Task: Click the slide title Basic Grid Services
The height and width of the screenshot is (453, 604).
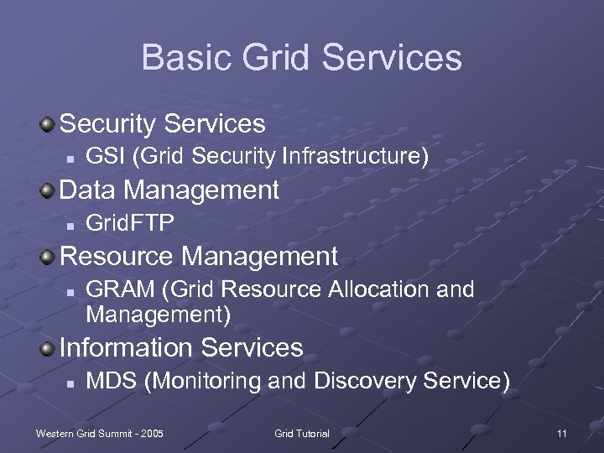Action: coord(302,58)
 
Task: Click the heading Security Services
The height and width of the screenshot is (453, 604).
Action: coord(163,124)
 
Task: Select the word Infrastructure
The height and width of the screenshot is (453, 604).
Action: coord(356,156)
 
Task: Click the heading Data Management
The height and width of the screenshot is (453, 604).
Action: coord(169,190)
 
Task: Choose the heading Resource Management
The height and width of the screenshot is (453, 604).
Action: coord(199,256)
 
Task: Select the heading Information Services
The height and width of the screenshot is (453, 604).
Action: coord(181,347)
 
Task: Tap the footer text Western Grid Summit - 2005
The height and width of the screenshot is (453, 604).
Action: coord(100,433)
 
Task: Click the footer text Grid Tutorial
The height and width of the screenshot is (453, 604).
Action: coord(302,433)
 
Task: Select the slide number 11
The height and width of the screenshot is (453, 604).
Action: coord(561,433)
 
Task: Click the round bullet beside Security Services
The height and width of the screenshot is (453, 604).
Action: coord(49,125)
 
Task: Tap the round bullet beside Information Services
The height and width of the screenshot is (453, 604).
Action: coord(49,348)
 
